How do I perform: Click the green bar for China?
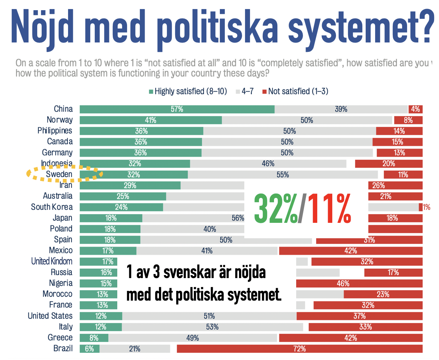[x=177, y=109]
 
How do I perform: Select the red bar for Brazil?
[x=300, y=349]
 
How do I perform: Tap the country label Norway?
[x=60, y=120]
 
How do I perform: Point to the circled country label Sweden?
[x=59, y=174]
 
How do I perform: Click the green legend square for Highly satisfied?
[x=151, y=91]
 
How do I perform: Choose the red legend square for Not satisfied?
[x=265, y=91]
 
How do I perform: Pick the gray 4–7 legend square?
[x=238, y=91]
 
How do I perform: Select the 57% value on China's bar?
[x=177, y=109]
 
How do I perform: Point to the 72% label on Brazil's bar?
[x=300, y=349]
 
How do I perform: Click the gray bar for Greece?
[x=193, y=338]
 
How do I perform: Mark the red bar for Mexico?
[x=350, y=251]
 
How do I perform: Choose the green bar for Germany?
[x=141, y=153]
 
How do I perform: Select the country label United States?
[x=50, y=316]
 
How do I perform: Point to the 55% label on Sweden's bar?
[x=283, y=174]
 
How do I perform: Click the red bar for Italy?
[x=365, y=327]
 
